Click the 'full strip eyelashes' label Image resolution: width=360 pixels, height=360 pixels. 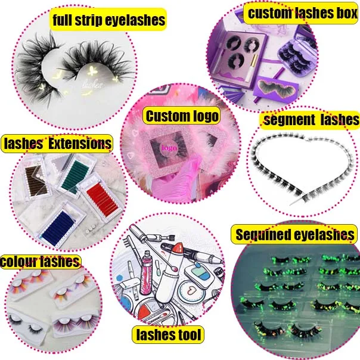coord(108,20)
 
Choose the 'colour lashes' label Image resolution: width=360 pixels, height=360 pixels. coord(40,261)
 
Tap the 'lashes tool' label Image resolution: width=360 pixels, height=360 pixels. coord(169,334)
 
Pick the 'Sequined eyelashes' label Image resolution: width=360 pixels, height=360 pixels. coord(296,234)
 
